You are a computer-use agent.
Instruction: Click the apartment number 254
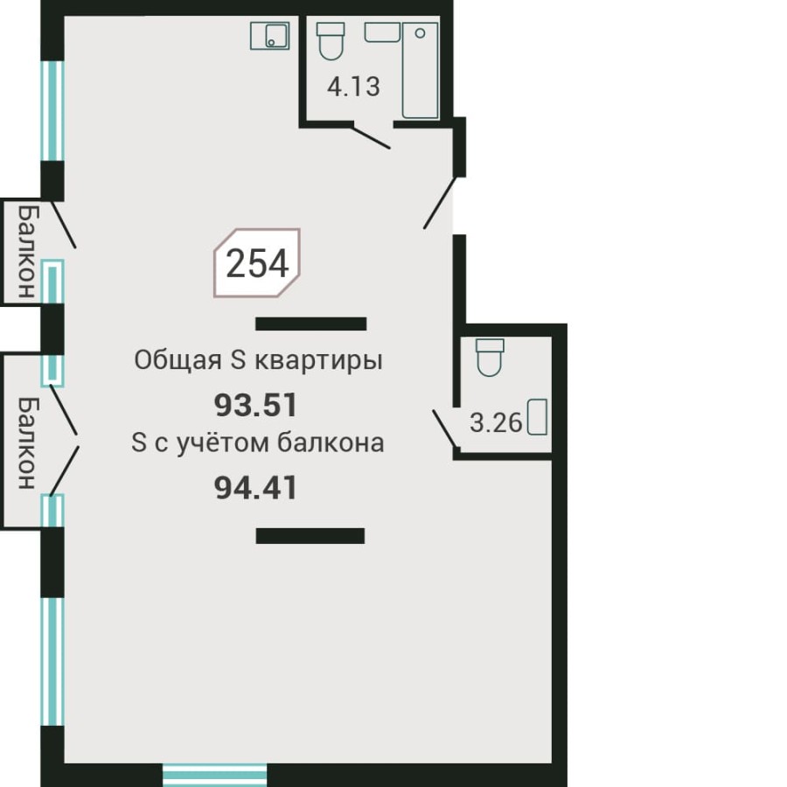click(x=257, y=263)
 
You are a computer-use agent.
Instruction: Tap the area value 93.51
click(x=256, y=405)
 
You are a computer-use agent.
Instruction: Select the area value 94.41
click(x=256, y=488)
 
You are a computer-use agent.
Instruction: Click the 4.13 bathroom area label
click(x=353, y=87)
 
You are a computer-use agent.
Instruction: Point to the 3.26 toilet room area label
click(x=496, y=424)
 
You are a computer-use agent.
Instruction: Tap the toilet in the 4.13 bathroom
click(x=330, y=41)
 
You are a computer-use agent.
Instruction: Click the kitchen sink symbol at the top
click(x=270, y=37)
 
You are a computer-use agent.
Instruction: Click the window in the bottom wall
click(x=214, y=774)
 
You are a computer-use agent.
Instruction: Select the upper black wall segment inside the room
click(x=310, y=324)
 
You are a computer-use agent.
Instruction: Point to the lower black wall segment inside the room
click(x=310, y=536)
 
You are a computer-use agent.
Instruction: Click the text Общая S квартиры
click(x=258, y=360)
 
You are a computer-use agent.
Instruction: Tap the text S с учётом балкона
click(x=257, y=443)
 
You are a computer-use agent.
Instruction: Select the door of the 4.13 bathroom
click(x=371, y=136)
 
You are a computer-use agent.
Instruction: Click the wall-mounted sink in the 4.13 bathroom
click(x=382, y=32)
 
